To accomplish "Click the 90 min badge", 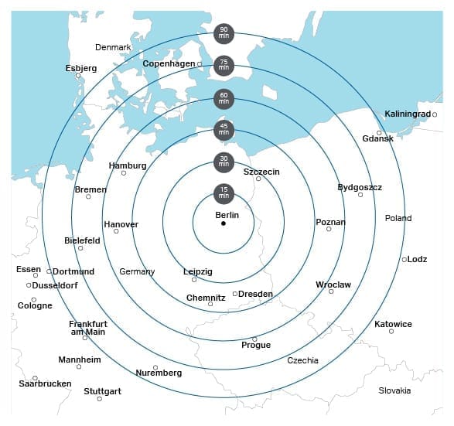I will point(224,32).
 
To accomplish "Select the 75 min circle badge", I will point(224,65).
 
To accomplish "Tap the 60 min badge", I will point(224,98).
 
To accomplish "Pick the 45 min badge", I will point(224,130).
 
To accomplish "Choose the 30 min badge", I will point(224,162).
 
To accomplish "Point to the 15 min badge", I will point(224,193).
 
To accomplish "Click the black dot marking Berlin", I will point(224,223).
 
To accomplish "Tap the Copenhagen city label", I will point(169,63).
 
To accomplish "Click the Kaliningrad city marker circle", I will point(435,114).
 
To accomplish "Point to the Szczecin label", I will point(261,171).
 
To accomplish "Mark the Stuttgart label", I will point(102,391).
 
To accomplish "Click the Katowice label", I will point(393,324).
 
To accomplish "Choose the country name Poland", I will point(398,218).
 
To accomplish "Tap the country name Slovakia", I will point(394,390).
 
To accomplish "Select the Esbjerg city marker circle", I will point(78,76).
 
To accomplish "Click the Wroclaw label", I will point(333,285).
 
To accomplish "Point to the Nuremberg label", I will point(159,373).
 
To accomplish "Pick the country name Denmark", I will point(113,48).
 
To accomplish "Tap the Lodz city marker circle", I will point(405,259).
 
